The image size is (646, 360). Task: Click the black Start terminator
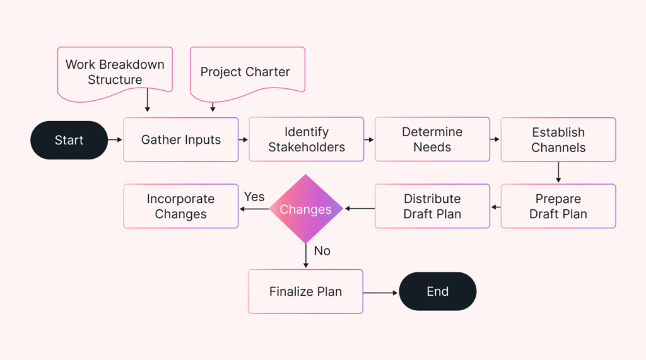pyautogui.click(x=69, y=140)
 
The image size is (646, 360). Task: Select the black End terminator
pyautogui.click(x=437, y=291)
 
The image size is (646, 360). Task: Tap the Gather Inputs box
pyautogui.click(x=180, y=140)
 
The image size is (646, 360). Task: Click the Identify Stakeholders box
pyautogui.click(x=306, y=140)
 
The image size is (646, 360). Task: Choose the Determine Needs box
pyautogui.click(x=432, y=140)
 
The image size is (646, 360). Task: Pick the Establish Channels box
pyautogui.click(x=558, y=140)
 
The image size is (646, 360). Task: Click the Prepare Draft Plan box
pyautogui.click(x=558, y=206)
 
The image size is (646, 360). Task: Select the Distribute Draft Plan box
pyautogui.click(x=432, y=206)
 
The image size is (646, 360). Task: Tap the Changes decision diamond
pyautogui.click(x=306, y=209)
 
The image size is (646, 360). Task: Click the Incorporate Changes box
pyautogui.click(x=180, y=206)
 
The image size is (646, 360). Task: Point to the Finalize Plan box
pyautogui.click(x=305, y=291)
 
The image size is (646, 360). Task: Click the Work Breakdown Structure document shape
pyautogui.click(x=115, y=73)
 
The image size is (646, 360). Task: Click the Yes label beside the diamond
pyautogui.click(x=254, y=197)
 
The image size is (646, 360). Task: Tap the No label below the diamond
pyautogui.click(x=322, y=251)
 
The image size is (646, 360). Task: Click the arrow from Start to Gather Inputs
pyautogui.click(x=115, y=140)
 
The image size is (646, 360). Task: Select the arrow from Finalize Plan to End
pyautogui.click(x=380, y=293)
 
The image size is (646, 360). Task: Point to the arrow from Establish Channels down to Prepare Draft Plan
pyautogui.click(x=558, y=172)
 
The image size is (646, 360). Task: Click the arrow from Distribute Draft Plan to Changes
pyautogui.click(x=359, y=208)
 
